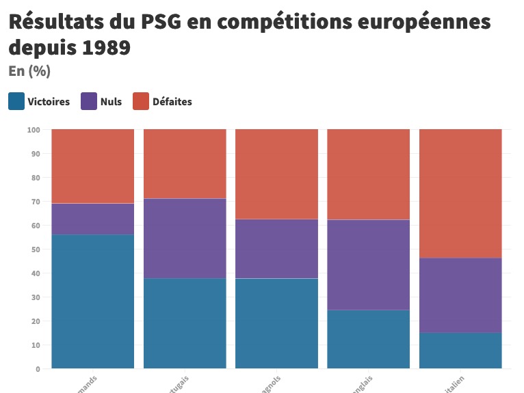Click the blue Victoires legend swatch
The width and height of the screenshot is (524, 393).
[17, 101]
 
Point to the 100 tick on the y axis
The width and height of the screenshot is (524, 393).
[34, 130]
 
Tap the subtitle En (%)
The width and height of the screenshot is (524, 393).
[29, 71]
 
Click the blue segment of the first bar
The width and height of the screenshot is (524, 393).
[92, 301]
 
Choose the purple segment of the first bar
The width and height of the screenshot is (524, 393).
[92, 219]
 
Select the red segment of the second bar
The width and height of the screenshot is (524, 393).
[185, 164]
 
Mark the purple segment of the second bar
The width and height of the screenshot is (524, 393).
[185, 239]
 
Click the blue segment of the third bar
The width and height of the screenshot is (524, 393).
[276, 323]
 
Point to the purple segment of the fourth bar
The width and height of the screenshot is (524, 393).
[368, 265]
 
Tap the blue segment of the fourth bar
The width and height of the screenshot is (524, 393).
[368, 339]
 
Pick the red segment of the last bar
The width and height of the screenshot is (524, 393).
[460, 193]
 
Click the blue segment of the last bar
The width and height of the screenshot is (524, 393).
[460, 351]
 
